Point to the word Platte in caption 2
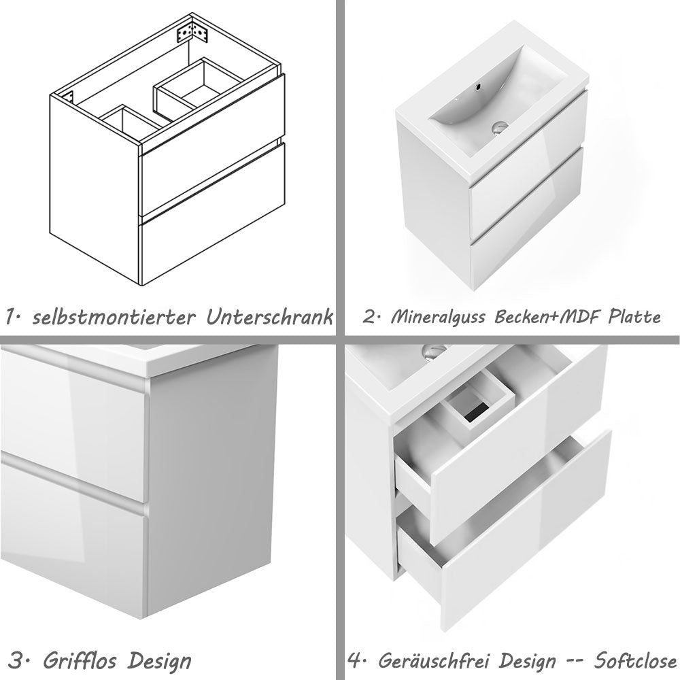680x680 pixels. tap(633, 318)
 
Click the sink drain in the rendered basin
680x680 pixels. tap(500, 126)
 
